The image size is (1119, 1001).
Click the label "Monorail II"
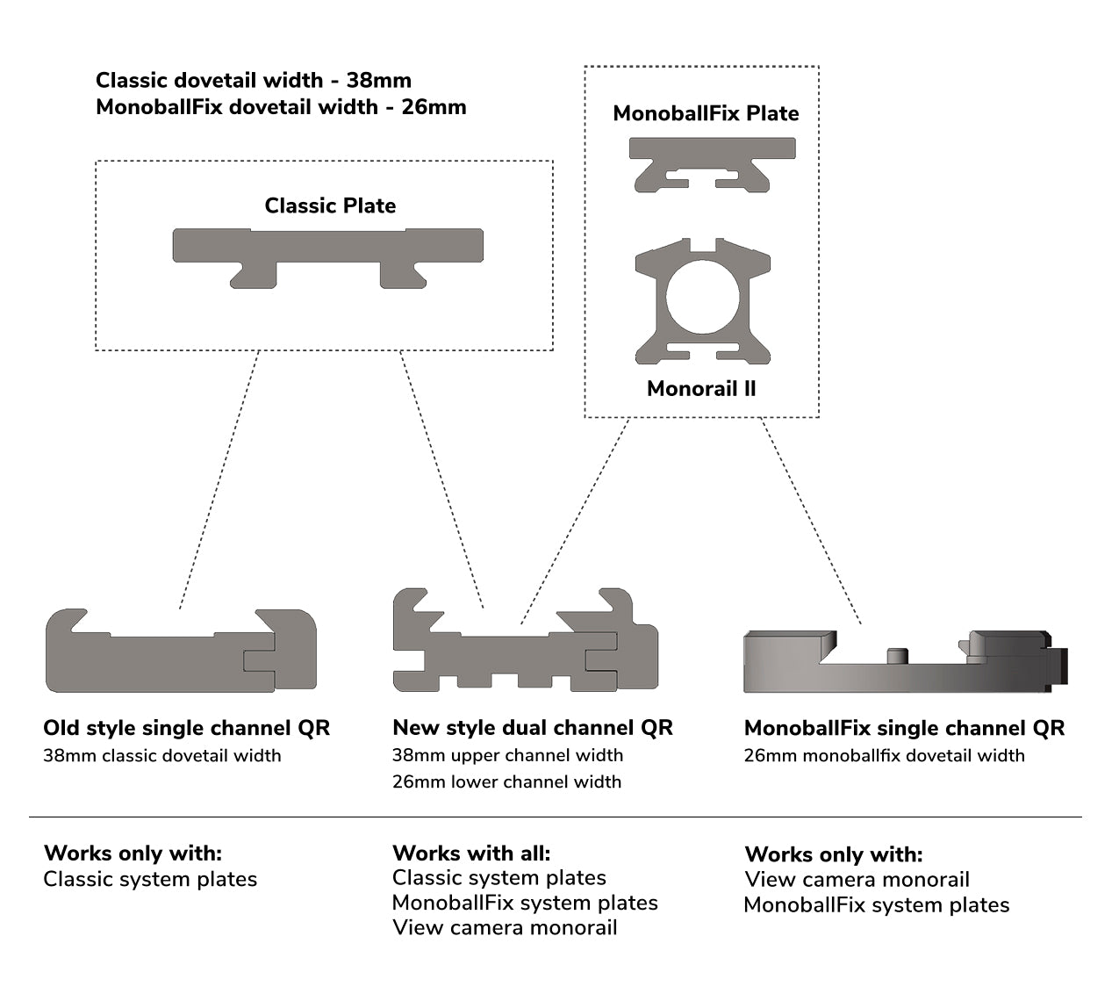(x=701, y=389)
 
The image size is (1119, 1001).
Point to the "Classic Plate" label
(x=330, y=205)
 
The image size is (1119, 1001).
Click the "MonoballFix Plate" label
(x=706, y=113)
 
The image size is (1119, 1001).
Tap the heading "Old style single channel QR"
(x=186, y=728)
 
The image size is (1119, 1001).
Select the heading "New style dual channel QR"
(x=532, y=728)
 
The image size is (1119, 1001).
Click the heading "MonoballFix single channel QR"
(x=904, y=728)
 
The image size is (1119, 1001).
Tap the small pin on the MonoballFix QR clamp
(x=896, y=656)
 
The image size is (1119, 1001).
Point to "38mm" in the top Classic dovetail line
(x=378, y=80)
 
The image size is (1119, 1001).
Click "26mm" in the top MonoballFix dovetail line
(x=434, y=107)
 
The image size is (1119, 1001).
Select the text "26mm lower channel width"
(x=506, y=781)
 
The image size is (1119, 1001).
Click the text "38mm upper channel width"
(x=507, y=755)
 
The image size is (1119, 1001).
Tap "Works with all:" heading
(x=471, y=853)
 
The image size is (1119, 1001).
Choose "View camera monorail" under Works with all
(x=505, y=927)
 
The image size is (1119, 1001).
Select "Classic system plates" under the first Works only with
(x=150, y=879)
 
